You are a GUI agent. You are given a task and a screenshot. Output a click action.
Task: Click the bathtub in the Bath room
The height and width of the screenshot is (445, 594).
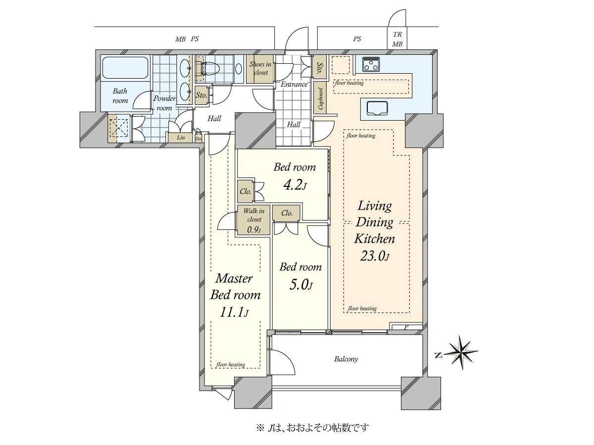[126, 68]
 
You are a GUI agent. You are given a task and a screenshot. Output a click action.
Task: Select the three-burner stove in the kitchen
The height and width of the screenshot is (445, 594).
[372, 64]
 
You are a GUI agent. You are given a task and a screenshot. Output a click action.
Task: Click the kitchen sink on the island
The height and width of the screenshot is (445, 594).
[377, 109]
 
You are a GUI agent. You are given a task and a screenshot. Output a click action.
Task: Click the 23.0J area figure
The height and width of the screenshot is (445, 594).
[374, 256]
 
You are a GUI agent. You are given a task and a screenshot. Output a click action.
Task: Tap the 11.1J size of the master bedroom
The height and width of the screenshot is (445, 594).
[234, 312]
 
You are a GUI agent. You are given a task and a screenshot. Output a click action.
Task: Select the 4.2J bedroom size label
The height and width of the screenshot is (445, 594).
[295, 185]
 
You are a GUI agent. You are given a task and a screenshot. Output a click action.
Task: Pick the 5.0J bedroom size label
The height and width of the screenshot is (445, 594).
[301, 285]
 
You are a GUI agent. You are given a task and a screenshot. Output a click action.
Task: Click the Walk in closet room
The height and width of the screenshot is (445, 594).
[253, 220]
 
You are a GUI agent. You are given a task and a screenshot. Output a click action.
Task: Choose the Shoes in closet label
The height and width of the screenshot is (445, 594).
[260, 68]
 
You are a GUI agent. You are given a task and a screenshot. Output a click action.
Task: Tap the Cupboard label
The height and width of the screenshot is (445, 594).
[320, 98]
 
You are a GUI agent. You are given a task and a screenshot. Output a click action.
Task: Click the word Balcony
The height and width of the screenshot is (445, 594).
[346, 359]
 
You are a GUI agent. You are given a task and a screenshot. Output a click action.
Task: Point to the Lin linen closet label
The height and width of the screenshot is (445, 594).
[181, 137]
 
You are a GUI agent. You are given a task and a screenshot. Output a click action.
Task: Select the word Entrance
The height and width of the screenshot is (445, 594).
[294, 84]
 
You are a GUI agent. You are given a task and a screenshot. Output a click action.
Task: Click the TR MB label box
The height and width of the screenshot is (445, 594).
[397, 39]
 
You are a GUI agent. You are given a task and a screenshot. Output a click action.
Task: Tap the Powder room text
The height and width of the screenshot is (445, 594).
[164, 103]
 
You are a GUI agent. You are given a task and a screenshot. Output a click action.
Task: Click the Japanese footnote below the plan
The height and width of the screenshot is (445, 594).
[312, 428]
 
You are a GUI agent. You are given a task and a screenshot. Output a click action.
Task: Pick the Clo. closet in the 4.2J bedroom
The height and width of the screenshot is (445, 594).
[246, 191]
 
